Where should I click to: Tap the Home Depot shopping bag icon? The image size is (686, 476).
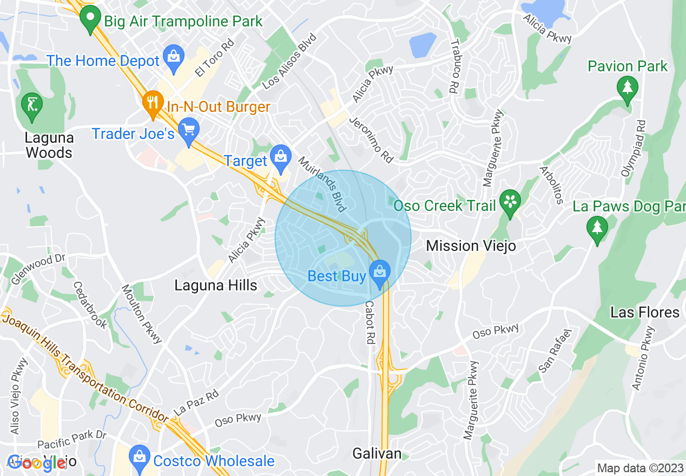(174, 60)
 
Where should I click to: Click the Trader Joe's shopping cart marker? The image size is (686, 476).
(189, 132)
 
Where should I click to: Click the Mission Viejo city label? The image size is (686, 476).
(471, 246)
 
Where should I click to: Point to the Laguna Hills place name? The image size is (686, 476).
(216, 285)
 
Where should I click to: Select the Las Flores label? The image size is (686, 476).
(644, 312)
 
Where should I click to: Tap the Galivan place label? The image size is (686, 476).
(377, 453)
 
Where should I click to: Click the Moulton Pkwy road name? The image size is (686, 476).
(142, 314)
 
